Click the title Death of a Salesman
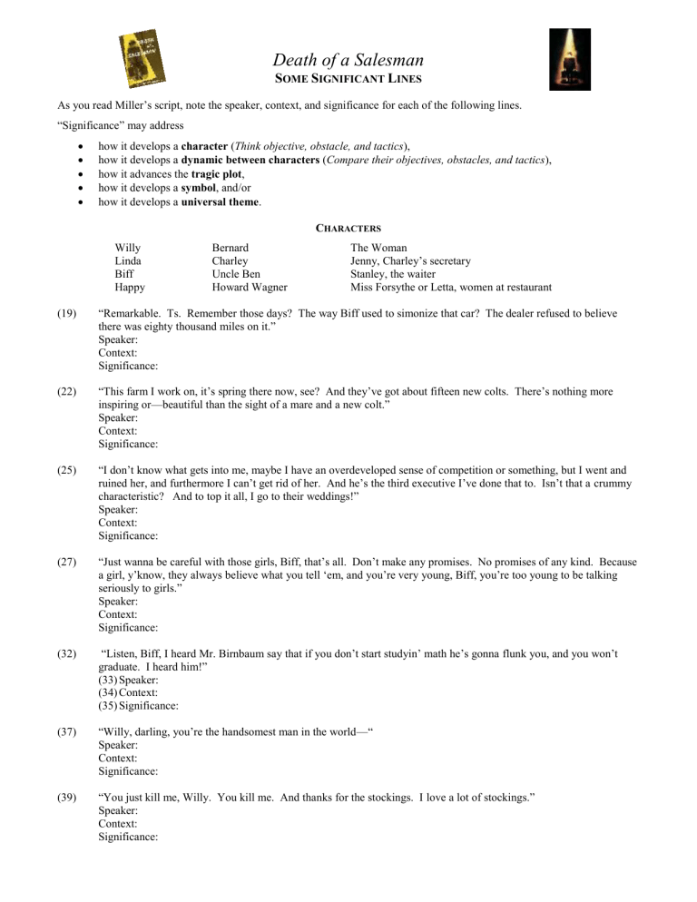[348, 61]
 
